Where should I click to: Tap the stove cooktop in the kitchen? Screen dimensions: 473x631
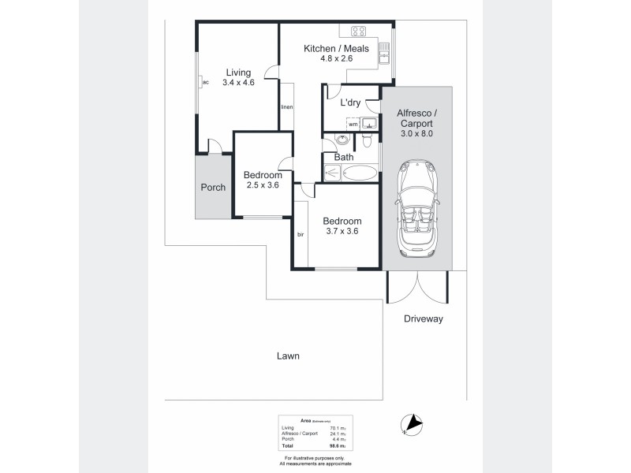click(359, 32)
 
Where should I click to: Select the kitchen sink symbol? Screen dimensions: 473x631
click(384, 53)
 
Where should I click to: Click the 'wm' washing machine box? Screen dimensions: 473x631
click(353, 125)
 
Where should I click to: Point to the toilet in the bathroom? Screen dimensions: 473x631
click(366, 142)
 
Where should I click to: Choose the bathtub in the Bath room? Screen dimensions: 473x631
click(360, 173)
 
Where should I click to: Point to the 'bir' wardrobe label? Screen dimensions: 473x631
click(301, 235)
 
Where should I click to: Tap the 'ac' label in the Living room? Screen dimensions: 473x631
click(205, 82)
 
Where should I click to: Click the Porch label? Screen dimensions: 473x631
click(213, 188)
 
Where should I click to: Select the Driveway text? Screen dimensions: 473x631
click(424, 319)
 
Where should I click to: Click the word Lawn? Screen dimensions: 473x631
click(288, 356)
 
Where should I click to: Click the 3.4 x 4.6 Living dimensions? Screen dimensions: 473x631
click(238, 82)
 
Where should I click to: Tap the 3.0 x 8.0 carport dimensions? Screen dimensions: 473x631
click(416, 134)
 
